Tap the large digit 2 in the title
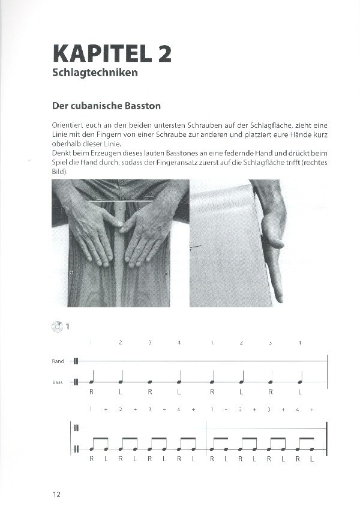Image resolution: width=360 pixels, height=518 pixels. click(x=164, y=53)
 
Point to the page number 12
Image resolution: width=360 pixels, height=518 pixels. click(x=56, y=495)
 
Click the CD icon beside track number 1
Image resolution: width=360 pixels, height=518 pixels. click(x=58, y=326)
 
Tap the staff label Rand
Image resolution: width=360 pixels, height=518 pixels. click(x=58, y=361)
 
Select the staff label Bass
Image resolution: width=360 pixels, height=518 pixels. click(x=58, y=382)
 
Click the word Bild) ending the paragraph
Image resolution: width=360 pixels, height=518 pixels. click(x=60, y=172)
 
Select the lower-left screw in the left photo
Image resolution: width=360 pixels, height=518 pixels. click(x=71, y=273)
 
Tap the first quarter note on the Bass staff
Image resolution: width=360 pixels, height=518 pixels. click(x=92, y=381)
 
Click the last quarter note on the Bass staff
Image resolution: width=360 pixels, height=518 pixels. click(x=300, y=381)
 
